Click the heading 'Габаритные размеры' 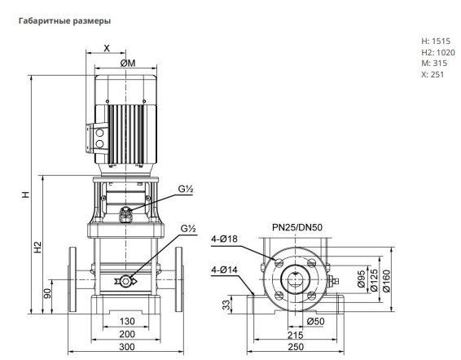(x=64, y=21)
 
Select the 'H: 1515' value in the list (x=436, y=42)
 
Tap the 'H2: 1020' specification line (x=438, y=52)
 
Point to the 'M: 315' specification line (x=434, y=63)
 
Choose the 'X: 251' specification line (x=432, y=74)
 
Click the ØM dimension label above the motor (x=128, y=64)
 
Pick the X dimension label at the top (x=107, y=48)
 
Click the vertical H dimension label (x=26, y=195)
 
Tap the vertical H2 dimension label (x=38, y=248)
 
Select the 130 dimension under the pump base (x=127, y=321)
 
